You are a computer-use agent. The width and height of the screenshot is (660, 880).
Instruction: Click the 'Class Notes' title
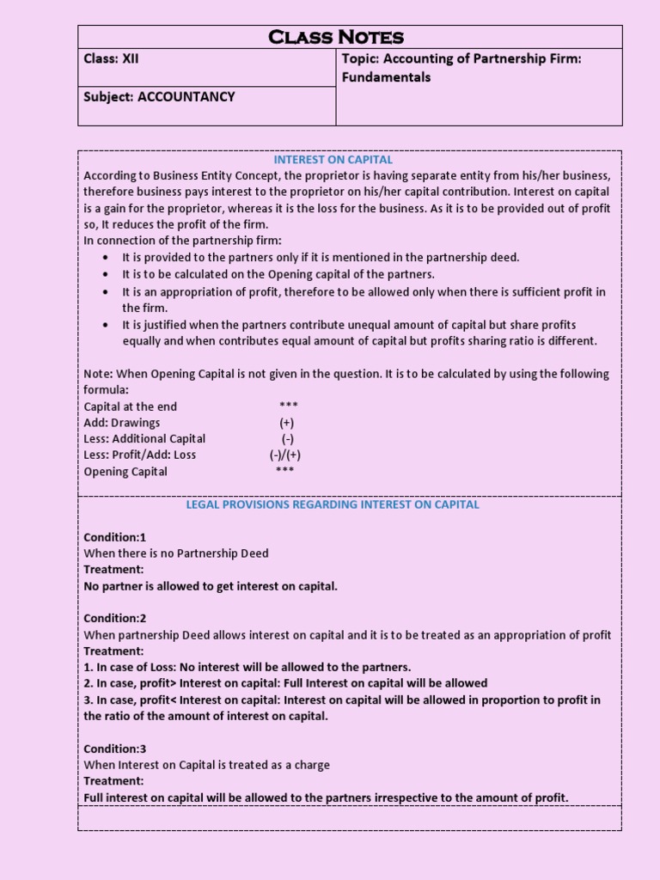point(336,36)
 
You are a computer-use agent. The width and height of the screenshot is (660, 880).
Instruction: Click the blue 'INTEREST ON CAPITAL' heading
point(333,160)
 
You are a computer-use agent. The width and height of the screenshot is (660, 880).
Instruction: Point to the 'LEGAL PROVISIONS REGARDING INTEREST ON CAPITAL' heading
point(333,504)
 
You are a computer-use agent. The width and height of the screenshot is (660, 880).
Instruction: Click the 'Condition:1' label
point(115,537)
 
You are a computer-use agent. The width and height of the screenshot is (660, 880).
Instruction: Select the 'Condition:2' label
point(115,619)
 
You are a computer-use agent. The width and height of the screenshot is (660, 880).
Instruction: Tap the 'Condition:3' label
point(115,749)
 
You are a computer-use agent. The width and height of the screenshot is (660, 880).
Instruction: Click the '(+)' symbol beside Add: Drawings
point(287,423)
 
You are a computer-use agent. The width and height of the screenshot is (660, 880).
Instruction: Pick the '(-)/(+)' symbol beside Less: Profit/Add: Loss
point(285,455)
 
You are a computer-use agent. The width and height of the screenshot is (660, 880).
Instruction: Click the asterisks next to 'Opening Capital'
point(285,472)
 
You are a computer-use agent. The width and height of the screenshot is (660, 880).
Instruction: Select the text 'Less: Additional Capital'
point(144,439)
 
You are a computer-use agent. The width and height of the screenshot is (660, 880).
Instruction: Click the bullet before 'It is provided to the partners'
point(105,258)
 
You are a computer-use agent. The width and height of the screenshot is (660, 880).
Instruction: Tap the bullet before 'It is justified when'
point(105,325)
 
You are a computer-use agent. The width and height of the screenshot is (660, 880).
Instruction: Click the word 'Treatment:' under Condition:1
point(113,570)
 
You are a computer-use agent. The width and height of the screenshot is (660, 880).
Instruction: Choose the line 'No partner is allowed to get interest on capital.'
point(211,586)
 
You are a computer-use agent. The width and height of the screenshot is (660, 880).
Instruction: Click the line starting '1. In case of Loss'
point(247,667)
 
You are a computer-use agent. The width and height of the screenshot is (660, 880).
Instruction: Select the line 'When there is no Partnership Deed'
point(176,553)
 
